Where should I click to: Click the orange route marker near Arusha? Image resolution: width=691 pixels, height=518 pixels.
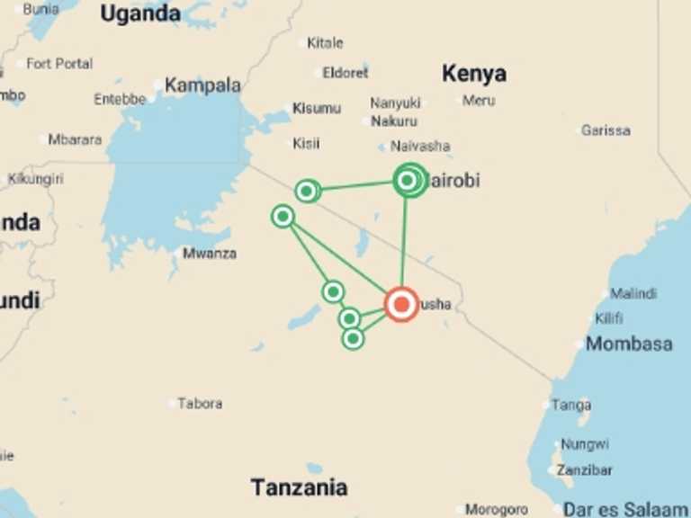[x=401, y=304]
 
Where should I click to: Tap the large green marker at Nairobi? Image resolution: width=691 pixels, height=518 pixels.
[x=408, y=181]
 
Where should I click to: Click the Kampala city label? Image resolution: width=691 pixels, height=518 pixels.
[x=202, y=85]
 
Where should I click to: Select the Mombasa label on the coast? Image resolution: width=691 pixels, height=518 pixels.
[x=629, y=344]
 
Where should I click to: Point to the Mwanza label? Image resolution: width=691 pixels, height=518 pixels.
[x=210, y=254]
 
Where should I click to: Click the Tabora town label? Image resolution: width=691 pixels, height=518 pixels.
[x=200, y=404]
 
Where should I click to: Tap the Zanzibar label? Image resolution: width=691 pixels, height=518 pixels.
[x=585, y=469]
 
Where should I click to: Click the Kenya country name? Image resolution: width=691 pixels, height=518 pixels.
[x=474, y=74]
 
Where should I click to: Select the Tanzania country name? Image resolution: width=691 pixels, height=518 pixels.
[x=299, y=488]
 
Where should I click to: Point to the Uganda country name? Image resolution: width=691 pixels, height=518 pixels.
[x=140, y=13]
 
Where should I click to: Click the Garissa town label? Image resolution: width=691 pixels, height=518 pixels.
[x=606, y=130]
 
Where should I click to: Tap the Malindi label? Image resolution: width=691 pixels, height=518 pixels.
[x=633, y=293]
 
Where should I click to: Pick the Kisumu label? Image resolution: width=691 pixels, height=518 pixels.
[x=317, y=109]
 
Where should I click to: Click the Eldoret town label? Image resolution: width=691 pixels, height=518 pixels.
[x=346, y=73]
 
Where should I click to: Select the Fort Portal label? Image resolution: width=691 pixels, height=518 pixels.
[x=59, y=64]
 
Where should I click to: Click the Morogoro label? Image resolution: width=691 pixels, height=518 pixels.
[x=498, y=510]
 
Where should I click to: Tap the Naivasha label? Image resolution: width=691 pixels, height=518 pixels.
[x=421, y=146]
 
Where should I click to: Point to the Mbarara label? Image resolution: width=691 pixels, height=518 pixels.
[x=75, y=139]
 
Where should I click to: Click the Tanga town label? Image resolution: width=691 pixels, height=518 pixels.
[x=571, y=406]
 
